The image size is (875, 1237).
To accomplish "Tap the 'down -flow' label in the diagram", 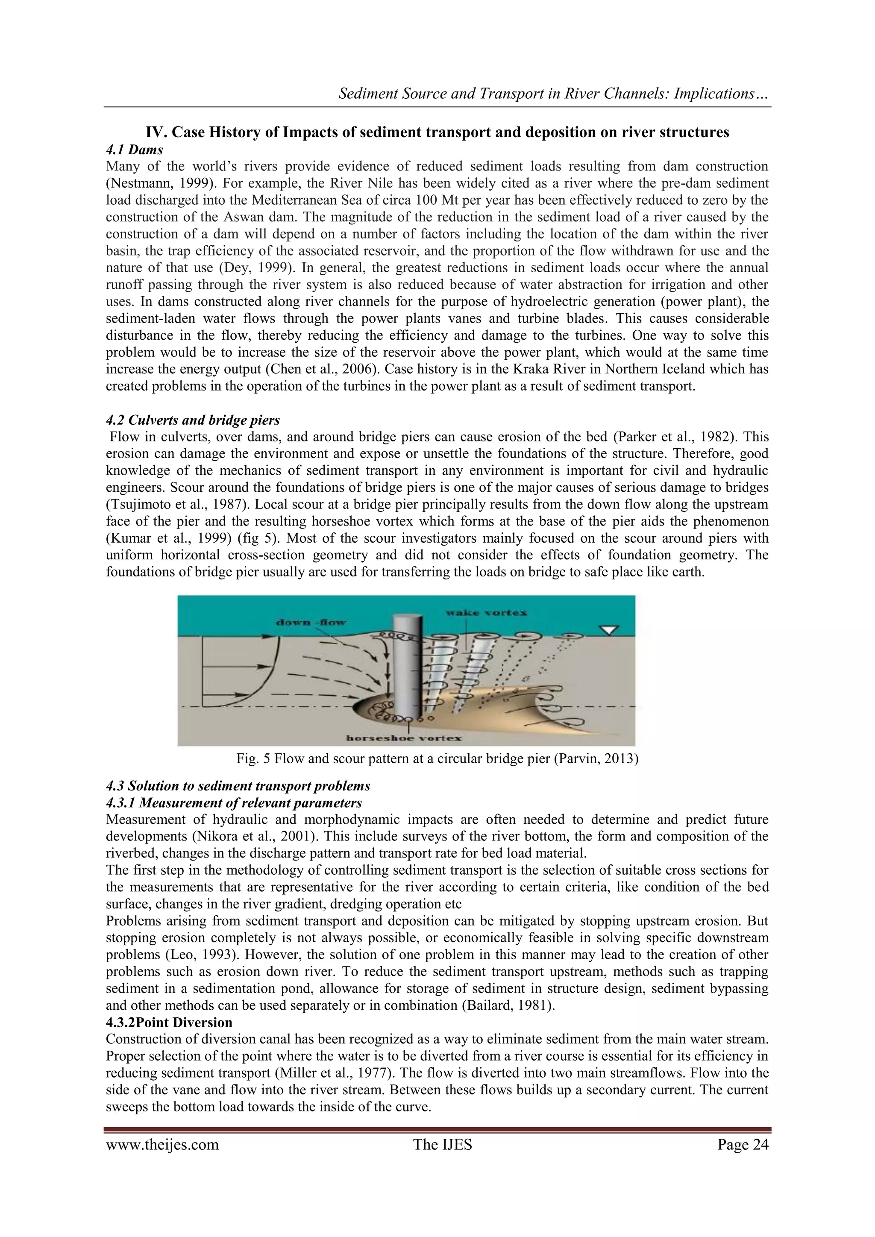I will (x=311, y=622).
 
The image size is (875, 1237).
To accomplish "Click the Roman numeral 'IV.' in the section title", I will (x=157, y=132).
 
